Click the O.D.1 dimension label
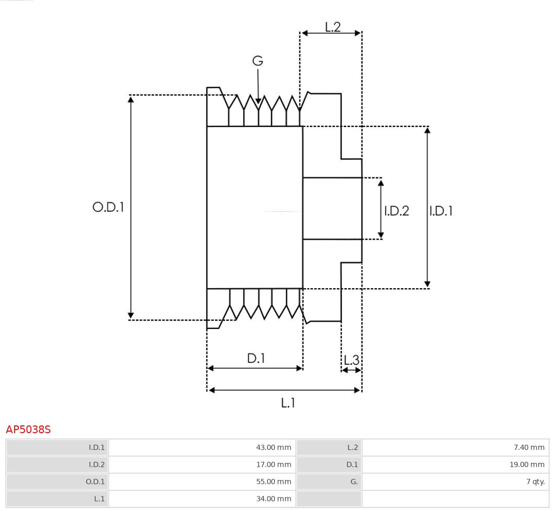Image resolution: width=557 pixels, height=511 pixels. [108, 207]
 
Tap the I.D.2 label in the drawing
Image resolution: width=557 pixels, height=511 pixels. [397, 211]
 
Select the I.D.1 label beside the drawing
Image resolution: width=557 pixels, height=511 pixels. [441, 211]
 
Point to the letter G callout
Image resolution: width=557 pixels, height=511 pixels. [258, 61]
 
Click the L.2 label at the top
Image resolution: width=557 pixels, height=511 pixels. [332, 27]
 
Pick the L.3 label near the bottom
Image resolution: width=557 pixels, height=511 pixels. [351, 360]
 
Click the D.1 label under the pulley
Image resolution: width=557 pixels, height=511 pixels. [256, 358]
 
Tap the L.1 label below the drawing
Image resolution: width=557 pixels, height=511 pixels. [288, 402]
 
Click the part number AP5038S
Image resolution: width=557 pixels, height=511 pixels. [28, 430]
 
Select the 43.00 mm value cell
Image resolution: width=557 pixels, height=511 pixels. [273, 447]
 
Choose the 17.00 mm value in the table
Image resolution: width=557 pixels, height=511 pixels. [273, 465]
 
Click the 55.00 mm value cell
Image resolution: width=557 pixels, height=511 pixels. [273, 482]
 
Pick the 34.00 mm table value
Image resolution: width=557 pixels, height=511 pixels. [273, 499]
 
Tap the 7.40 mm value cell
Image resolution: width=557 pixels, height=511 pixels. [529, 447]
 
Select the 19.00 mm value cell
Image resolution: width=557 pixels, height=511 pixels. [527, 465]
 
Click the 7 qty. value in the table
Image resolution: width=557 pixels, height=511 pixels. [535, 482]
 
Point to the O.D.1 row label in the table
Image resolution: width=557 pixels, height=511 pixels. [95, 482]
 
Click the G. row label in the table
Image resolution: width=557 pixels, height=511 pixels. [354, 482]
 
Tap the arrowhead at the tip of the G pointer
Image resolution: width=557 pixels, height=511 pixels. [258, 101]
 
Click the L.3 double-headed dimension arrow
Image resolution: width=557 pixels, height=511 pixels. [351, 370]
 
